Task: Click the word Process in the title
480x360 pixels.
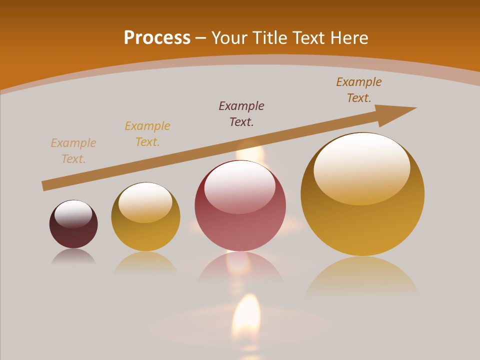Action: [157, 38]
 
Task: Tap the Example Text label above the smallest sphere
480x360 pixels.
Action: [73, 151]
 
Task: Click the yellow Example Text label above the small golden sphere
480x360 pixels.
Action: [147, 134]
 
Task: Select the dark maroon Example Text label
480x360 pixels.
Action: [241, 113]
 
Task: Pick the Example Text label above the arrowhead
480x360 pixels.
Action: [359, 90]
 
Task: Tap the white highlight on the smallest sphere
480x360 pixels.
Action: [73, 214]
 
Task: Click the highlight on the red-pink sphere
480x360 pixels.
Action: [240, 187]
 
